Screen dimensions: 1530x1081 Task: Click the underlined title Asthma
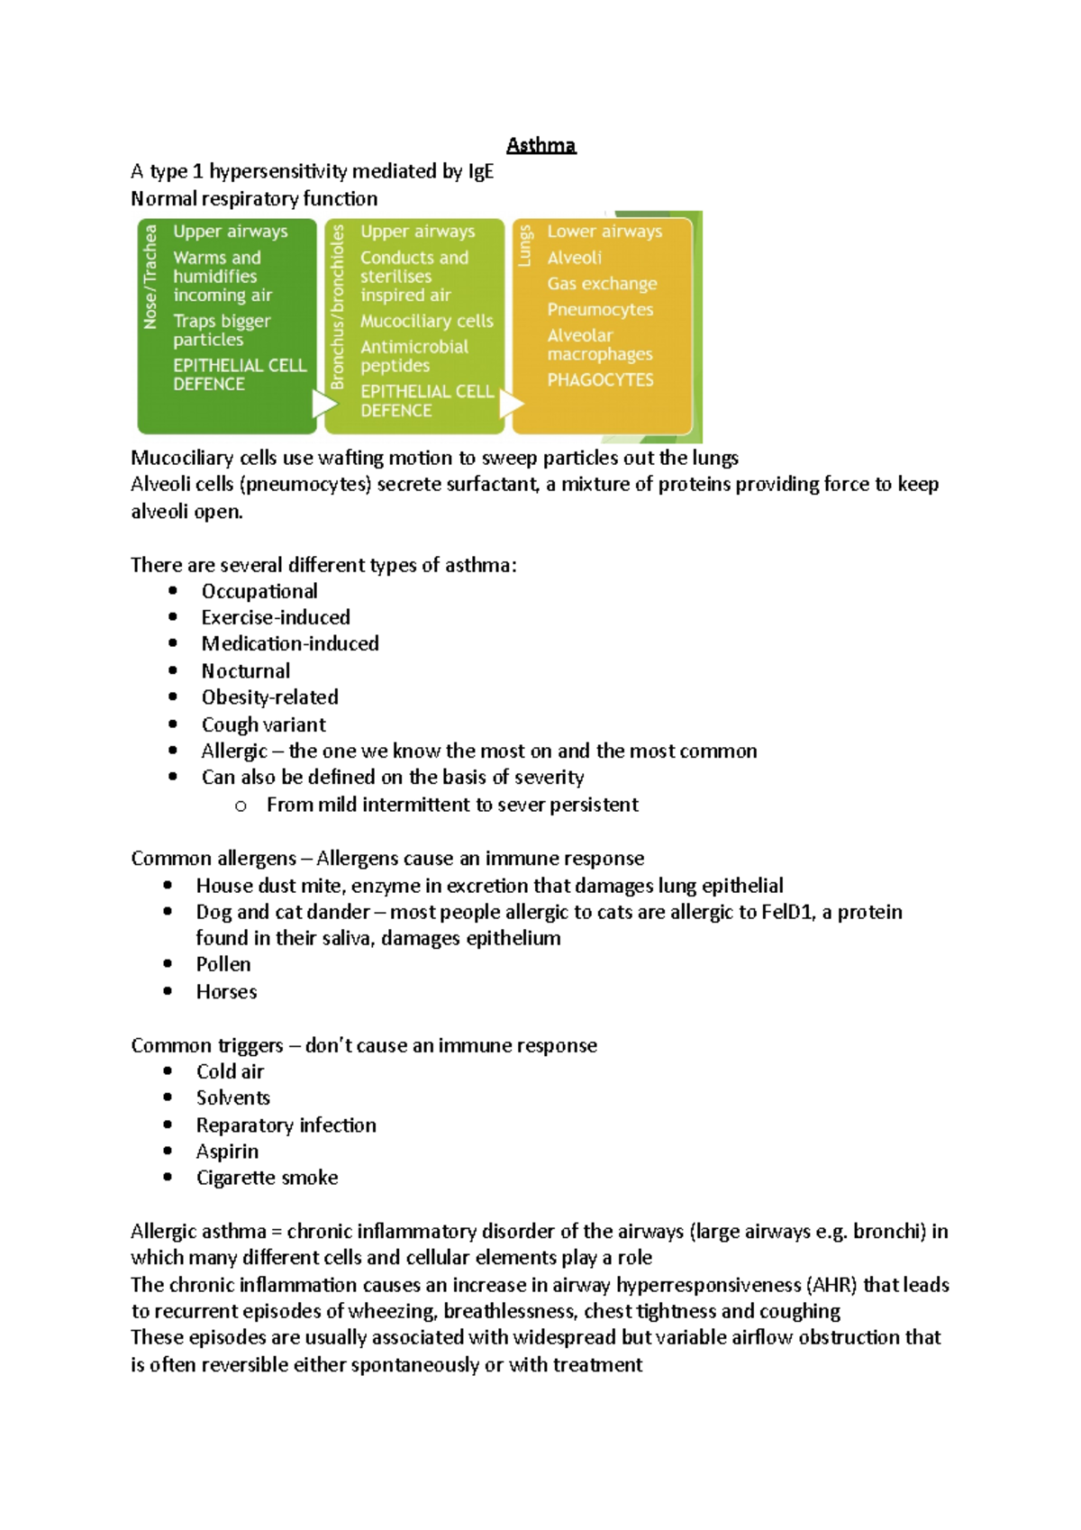pos(540,145)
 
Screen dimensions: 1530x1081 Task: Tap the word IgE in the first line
pos(480,171)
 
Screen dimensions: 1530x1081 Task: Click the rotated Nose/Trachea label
pos(150,277)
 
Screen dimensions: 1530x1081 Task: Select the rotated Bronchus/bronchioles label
pos(338,306)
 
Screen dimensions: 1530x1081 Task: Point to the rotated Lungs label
pos(525,245)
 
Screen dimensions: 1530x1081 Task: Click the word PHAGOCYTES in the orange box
pos(600,379)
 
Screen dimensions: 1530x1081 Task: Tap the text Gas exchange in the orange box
pos(602,283)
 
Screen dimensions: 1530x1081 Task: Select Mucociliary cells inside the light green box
pos(426,321)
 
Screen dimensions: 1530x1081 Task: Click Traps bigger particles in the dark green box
pos(221,330)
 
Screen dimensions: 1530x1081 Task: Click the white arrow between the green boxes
pos(322,403)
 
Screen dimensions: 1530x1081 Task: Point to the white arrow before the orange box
pos(510,403)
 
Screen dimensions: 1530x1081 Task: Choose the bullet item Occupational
pos(259,591)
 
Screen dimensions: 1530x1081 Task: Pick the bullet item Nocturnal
pos(245,670)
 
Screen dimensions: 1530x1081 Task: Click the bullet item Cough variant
pos(263,724)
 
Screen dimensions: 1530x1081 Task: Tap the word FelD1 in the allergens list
pos(787,912)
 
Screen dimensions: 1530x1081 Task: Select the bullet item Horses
pos(226,991)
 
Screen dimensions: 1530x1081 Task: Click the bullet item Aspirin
pos(227,1151)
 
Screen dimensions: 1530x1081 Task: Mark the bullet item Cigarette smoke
pos(267,1178)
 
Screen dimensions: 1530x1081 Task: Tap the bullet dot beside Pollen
pos(168,964)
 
